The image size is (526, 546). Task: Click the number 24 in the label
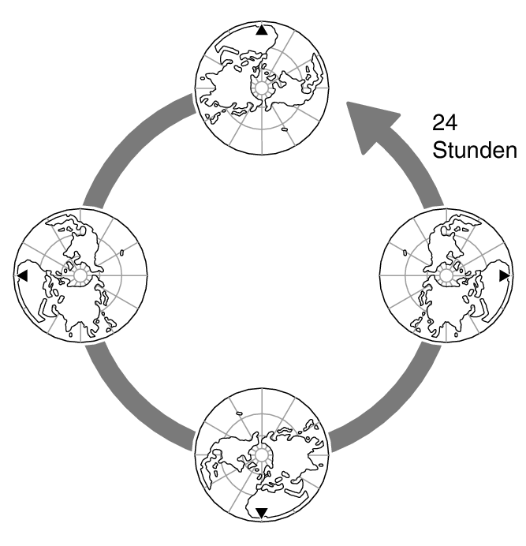pos(444,124)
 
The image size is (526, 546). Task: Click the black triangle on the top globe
pos(261,31)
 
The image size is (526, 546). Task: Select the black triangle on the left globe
pos(22,275)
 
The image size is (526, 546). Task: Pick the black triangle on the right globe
pos(504,275)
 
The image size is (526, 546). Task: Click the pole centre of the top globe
pos(261,88)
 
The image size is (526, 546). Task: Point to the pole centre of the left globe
pos(79,275)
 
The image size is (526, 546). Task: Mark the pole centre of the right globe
pos(447,275)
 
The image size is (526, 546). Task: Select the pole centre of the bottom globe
pos(261,454)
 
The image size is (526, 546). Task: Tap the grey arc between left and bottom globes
pos(130,402)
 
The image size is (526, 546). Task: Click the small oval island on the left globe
pos(124,253)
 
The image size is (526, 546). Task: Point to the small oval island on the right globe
pos(403,254)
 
